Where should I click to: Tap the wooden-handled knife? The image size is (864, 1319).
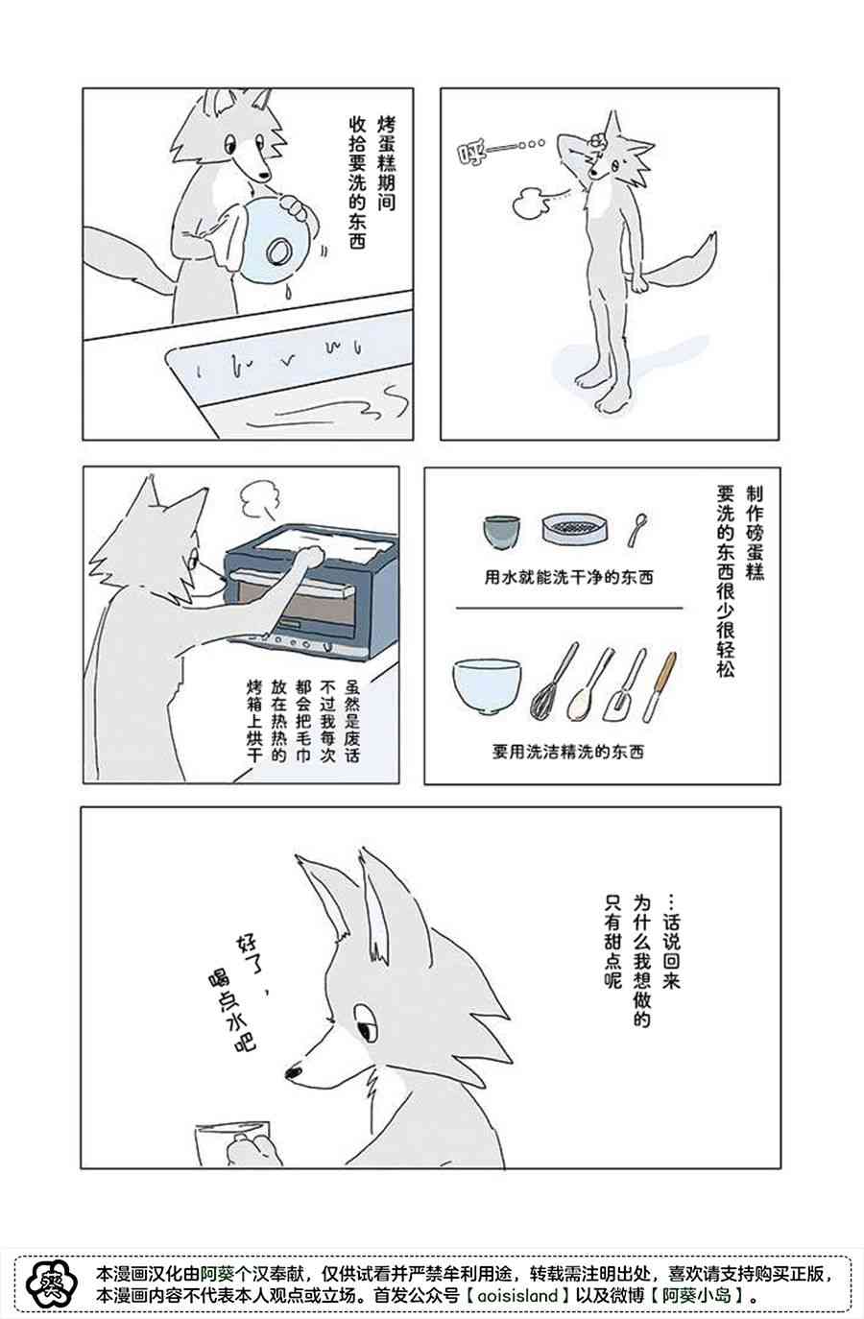[659, 686]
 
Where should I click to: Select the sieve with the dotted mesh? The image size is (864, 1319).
[570, 528]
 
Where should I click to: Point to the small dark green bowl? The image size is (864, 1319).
[501, 531]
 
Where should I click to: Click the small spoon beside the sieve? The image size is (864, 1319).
[636, 529]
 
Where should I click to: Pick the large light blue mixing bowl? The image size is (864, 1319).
[487, 685]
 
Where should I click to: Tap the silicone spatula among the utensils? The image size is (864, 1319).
[624, 687]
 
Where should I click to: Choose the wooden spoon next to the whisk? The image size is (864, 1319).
[588, 686]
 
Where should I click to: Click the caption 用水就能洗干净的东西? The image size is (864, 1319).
[568, 577]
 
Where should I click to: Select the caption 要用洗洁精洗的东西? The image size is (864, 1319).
[567, 752]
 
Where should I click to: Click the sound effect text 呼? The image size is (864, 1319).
[471, 155]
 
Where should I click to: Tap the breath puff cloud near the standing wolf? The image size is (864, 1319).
[530, 203]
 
